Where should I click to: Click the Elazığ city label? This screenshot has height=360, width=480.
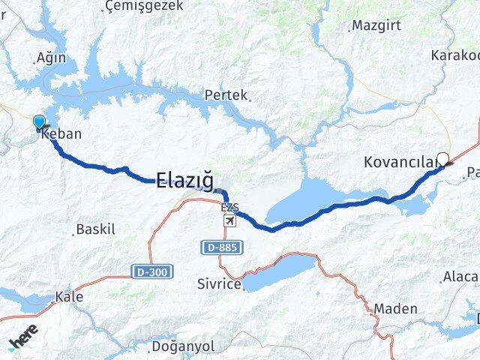[184, 180]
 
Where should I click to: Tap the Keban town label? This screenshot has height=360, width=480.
[62, 135]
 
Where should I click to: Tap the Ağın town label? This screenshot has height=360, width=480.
[51, 58]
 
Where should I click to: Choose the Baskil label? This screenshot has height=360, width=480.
[96, 229]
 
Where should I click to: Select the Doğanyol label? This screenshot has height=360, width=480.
[183, 346]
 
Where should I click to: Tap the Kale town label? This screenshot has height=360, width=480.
[69, 297]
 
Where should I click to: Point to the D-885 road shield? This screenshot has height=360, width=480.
[217, 247]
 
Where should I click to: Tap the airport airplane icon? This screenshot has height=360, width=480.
[229, 220]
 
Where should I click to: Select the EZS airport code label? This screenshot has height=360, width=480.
[229, 207]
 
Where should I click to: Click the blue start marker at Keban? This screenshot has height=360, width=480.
[39, 121]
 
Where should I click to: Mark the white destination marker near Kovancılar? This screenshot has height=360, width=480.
[443, 159]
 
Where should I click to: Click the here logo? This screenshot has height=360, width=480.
[24, 338]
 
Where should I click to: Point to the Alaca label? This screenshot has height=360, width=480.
[460, 277]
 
